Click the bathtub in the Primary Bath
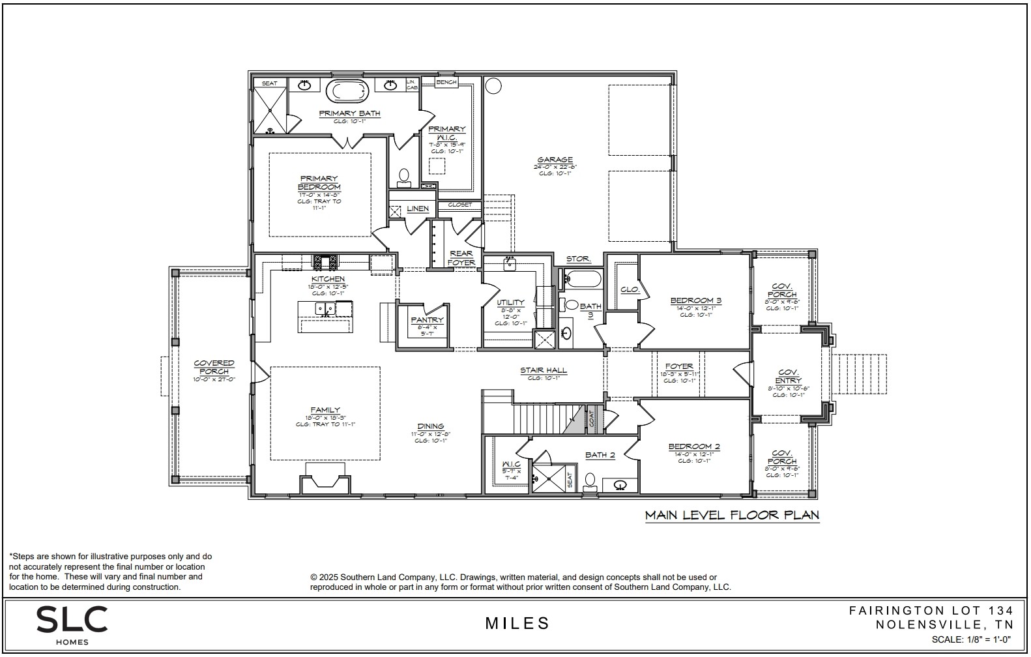[347, 91]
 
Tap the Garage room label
[555, 160]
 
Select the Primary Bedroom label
[319, 182]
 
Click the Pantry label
[427, 320]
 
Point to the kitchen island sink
[325, 308]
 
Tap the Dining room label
[431, 426]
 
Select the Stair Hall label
[543, 370]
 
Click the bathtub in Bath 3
[583, 280]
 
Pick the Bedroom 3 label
[695, 300]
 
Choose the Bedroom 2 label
[693, 446]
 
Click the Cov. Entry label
[788, 376]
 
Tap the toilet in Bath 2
[590, 480]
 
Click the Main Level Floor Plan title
[731, 515]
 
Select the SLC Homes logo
[71, 623]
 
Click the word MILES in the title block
[517, 624]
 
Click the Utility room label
[510, 302]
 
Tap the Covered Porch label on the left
[214, 367]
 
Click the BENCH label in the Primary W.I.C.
[446, 82]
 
